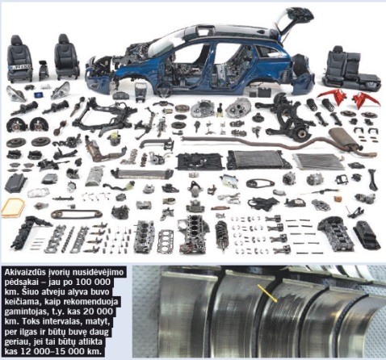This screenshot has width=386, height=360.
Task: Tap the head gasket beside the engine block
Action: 166,239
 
